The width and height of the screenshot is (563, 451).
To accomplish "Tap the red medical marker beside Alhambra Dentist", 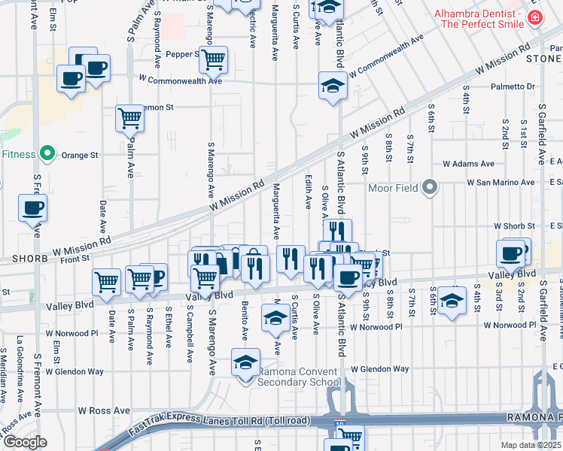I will [x=534, y=17].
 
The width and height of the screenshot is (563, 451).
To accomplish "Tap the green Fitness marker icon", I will [x=47, y=154].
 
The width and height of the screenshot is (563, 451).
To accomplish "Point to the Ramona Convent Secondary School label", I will [x=300, y=377].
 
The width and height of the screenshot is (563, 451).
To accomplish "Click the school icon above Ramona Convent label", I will [x=245, y=363].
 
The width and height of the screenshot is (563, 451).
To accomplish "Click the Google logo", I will [x=25, y=442].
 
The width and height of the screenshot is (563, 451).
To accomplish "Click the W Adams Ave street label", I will [x=468, y=163].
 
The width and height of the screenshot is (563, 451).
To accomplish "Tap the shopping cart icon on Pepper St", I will [x=214, y=57].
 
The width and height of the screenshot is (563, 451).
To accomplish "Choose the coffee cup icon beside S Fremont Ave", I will [x=32, y=207].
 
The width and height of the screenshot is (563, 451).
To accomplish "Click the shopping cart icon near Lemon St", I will [x=129, y=117].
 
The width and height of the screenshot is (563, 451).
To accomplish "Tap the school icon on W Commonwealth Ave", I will [x=331, y=86].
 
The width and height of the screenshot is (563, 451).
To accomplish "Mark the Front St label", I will [x=75, y=257].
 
